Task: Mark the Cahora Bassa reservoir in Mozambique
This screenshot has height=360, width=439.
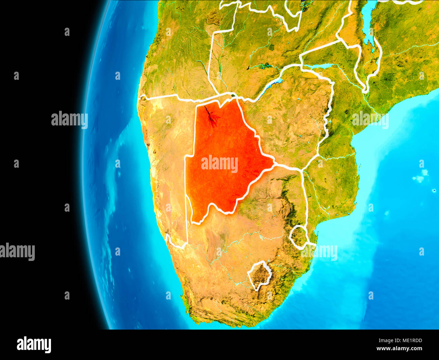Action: click(x=317, y=66)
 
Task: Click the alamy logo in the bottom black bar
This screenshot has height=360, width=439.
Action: click(x=34, y=345)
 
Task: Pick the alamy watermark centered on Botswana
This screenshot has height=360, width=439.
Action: click(x=219, y=164)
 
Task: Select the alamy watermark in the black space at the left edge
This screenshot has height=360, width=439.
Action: click(x=17, y=252)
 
